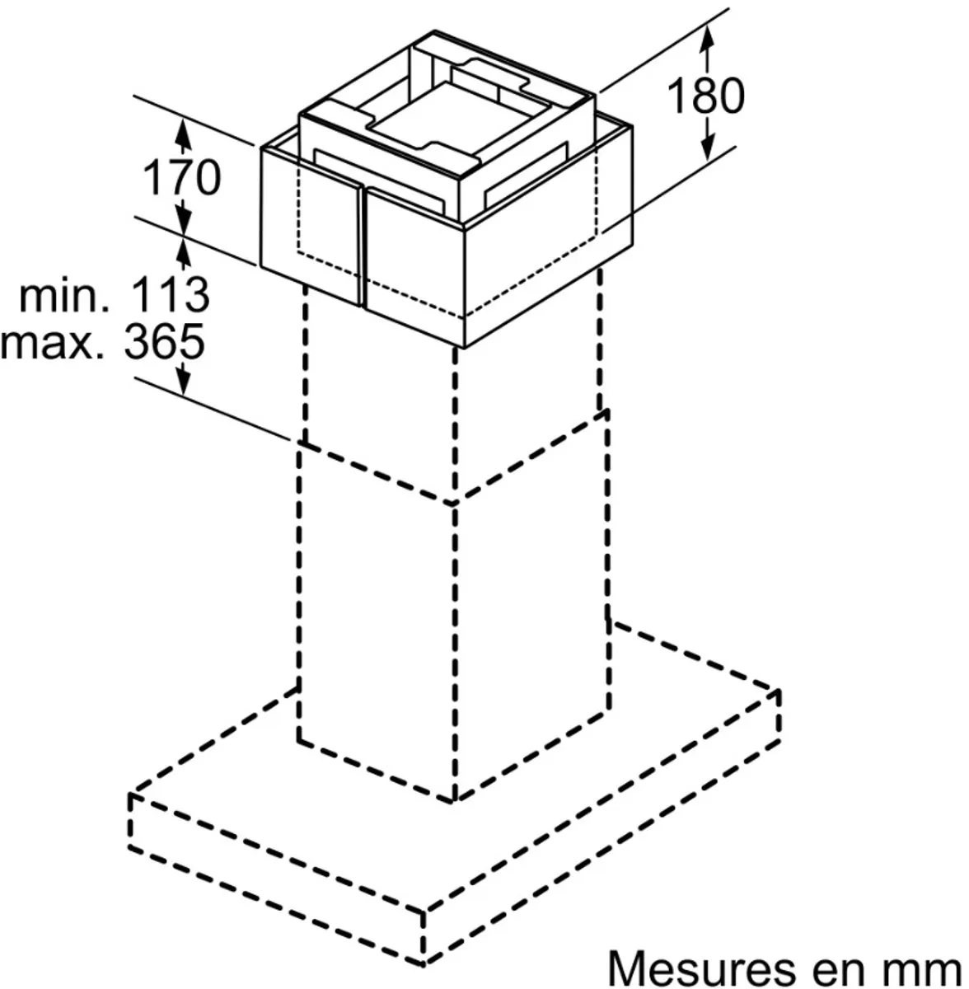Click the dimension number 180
(705, 96)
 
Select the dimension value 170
(181, 176)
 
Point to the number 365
(164, 340)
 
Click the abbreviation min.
(64, 296)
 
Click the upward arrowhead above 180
(707, 38)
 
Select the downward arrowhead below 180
(708, 147)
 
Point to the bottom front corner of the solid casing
(465, 349)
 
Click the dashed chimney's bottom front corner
(454, 801)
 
